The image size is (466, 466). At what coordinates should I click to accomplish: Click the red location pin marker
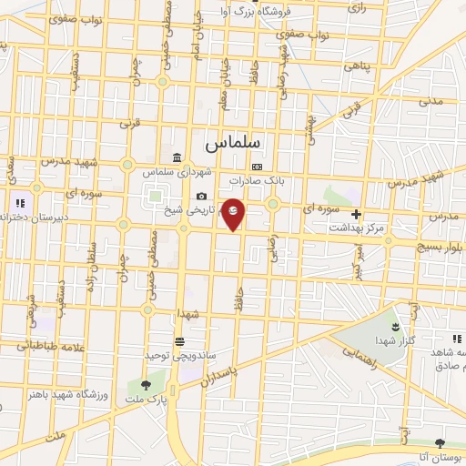tap(234, 213)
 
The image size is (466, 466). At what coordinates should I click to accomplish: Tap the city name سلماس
tap(233, 144)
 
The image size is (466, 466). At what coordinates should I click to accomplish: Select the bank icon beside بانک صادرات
tap(258, 167)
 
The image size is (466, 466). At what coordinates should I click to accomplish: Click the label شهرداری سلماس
tap(176, 171)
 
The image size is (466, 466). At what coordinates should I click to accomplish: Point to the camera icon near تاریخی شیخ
tap(201, 196)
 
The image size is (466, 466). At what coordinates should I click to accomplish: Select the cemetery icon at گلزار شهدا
tap(396, 325)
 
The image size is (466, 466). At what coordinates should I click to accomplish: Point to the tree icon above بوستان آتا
tap(440, 442)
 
